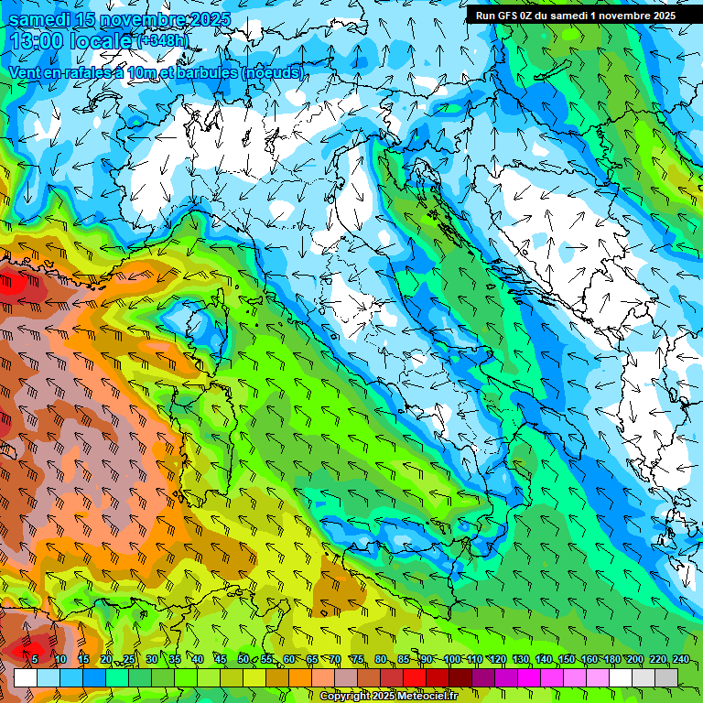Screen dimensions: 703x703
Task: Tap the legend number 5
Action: (x=35, y=659)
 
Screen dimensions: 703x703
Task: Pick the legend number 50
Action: (x=243, y=659)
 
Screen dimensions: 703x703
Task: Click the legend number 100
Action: (x=452, y=659)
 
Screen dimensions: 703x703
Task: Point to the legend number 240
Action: (x=681, y=659)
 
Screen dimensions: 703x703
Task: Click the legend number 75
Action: (x=358, y=659)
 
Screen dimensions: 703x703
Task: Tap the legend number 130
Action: (x=521, y=659)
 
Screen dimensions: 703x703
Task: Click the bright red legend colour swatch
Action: (x=415, y=677)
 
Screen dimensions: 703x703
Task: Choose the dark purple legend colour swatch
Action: (x=483, y=677)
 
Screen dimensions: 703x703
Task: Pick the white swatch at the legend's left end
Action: (x=25, y=677)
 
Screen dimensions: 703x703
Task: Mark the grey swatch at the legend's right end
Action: (x=666, y=677)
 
